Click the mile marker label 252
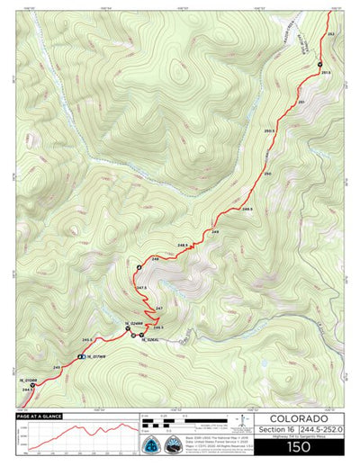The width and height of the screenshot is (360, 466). click(x=331, y=33)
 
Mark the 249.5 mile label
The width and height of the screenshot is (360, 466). click(x=247, y=208)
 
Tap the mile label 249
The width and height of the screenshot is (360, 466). click(x=215, y=231)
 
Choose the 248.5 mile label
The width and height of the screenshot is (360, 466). click(x=183, y=245)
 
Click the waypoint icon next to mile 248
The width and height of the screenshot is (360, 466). click(x=139, y=268)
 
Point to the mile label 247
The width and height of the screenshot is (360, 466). click(x=159, y=309)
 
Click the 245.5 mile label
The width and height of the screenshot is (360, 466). click(x=87, y=340)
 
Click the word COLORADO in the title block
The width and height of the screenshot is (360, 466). click(x=298, y=419)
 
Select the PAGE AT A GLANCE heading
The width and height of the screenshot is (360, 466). click(x=38, y=417)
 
